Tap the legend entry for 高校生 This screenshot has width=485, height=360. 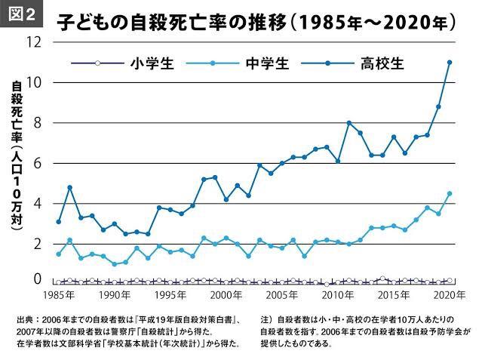[384, 63]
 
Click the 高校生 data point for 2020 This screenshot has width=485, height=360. [450, 62]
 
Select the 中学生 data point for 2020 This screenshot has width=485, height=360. [450, 193]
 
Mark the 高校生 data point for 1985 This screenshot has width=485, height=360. [59, 222]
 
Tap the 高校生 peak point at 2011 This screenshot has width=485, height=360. [348, 122]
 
